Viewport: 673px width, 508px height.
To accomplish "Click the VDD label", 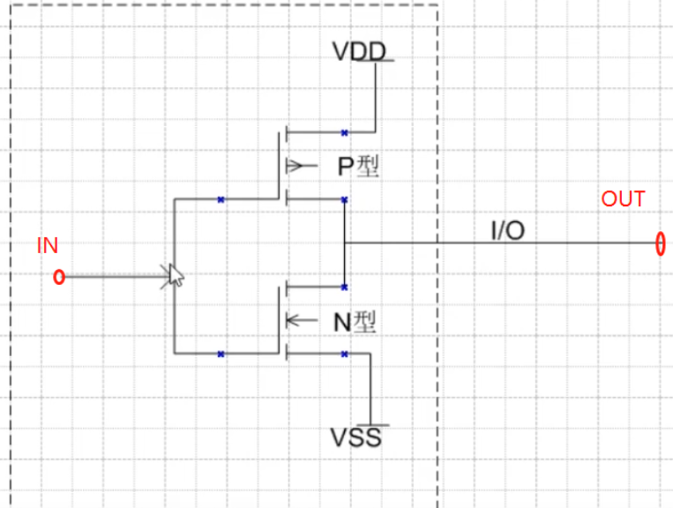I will [359, 51].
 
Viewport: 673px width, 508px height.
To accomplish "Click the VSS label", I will [356, 437].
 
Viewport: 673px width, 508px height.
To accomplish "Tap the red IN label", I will [47, 245].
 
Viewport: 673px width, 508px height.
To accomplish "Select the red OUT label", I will [623, 199].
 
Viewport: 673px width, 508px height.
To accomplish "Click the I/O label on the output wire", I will [507, 232].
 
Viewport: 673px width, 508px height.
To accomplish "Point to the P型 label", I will [358, 167].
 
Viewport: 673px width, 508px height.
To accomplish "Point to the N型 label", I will [355, 323].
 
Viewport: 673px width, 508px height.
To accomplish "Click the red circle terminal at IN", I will [59, 277].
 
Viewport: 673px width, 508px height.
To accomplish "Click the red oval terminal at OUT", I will [660, 242].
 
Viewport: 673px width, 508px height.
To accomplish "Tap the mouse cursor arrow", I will [176, 275].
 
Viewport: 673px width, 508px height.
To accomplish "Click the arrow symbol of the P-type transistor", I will [298, 166].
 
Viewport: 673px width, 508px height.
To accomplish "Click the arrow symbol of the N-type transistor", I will [296, 320].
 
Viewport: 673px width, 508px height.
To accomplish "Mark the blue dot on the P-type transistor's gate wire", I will [221, 199].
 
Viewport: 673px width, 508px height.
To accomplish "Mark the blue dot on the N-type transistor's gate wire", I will [221, 354].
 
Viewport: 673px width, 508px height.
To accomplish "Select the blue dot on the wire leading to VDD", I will [344, 133].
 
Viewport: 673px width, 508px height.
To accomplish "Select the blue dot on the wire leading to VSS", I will [344, 354].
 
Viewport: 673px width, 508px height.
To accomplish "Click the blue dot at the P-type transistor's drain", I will [344, 199].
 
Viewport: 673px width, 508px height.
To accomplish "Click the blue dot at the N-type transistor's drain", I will [344, 287].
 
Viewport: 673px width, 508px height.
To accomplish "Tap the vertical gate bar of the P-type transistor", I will [280, 166].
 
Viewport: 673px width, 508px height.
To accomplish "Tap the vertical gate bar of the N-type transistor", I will [280, 320].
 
